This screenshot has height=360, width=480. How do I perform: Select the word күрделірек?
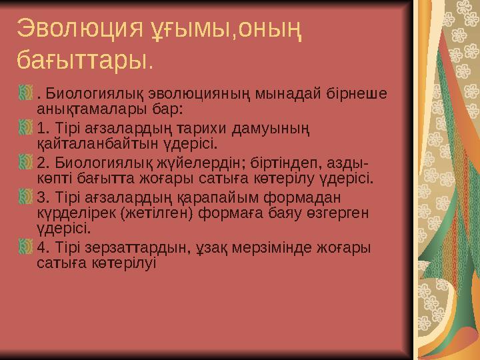pos(73,213)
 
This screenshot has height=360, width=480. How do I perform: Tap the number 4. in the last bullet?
pos(43,248)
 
